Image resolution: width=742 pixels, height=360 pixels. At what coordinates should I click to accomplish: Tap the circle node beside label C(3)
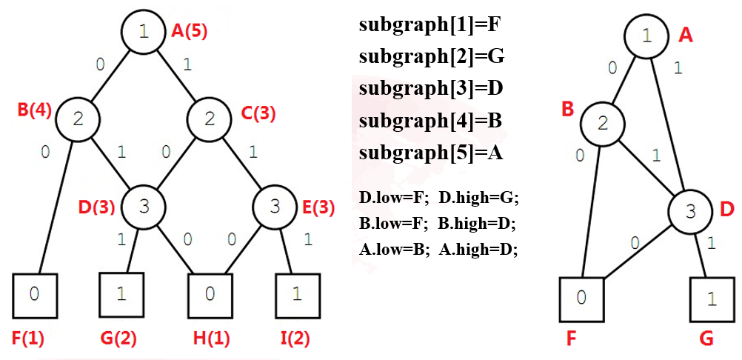(208, 119)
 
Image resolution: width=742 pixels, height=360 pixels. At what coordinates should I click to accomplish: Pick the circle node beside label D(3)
(144, 206)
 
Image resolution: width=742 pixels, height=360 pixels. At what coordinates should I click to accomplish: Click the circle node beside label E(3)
(275, 206)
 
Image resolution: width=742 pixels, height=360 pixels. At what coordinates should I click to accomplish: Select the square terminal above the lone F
(582, 299)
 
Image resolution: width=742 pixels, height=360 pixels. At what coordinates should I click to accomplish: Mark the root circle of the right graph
(646, 36)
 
